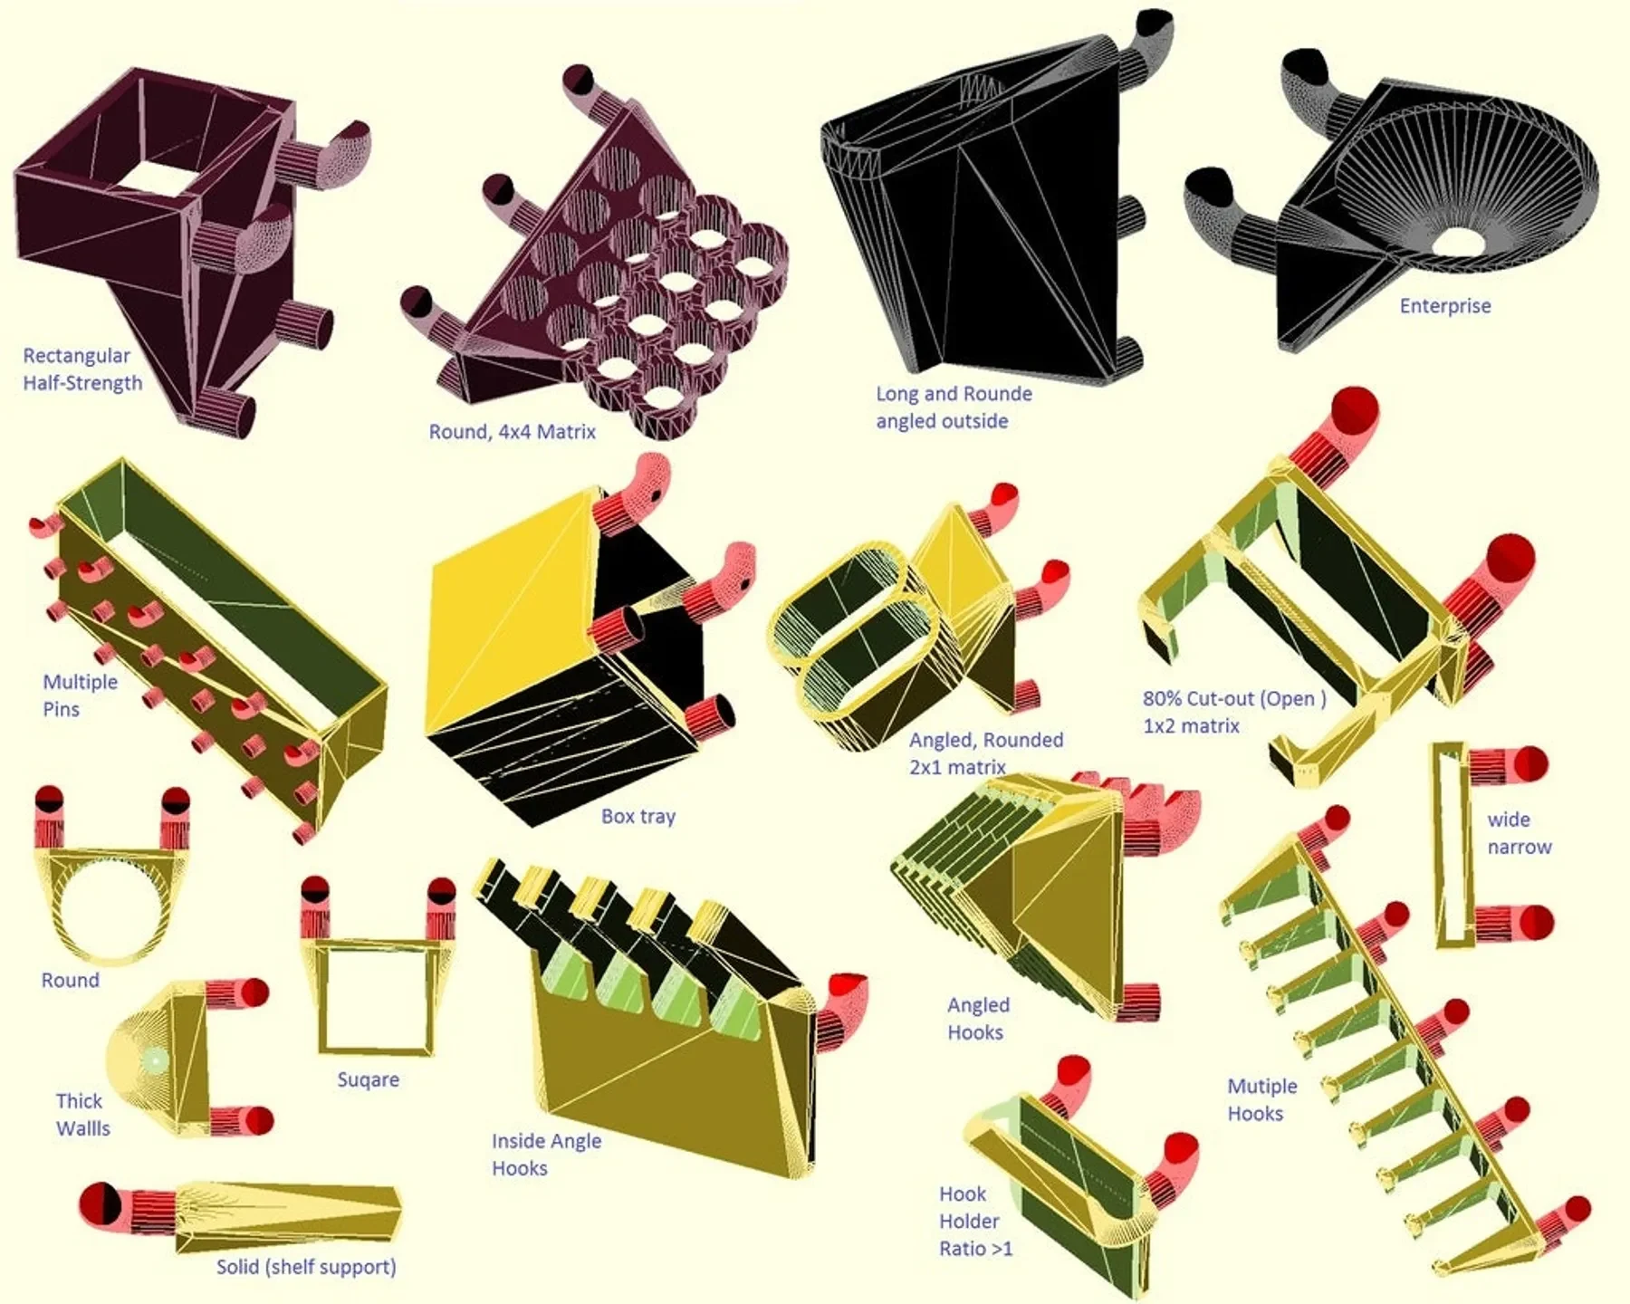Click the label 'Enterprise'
pos(1445,306)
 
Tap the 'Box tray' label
pos(638,817)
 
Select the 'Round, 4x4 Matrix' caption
pos(513,432)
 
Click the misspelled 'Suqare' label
pos(369,1079)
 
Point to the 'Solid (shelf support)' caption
pos(306,1267)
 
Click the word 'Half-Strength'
pos(82,383)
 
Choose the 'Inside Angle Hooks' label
pos(546,1155)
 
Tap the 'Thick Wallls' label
pos(82,1115)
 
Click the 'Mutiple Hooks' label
pos(1262,1100)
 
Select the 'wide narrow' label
pos(1520,833)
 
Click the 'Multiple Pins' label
pos(80,695)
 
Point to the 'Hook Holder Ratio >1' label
pos(975,1222)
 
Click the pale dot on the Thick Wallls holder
pos(155,1059)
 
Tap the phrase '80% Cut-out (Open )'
pos(1234,699)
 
